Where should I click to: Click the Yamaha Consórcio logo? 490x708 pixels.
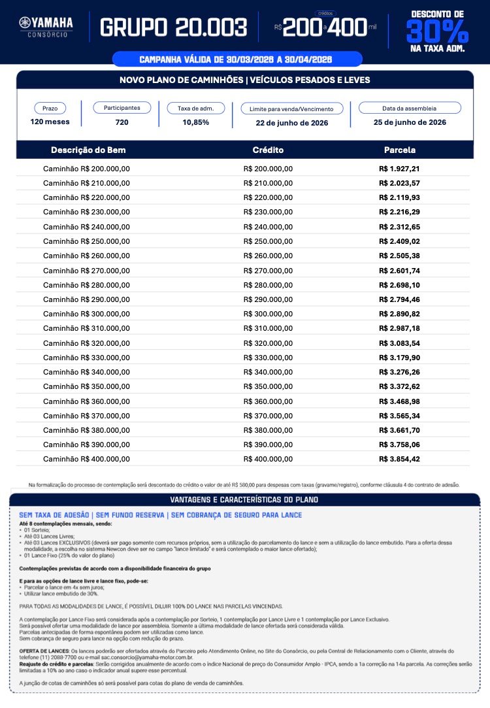tap(46, 26)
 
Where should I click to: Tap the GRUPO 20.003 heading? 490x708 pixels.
tap(173, 27)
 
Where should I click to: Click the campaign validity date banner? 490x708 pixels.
tap(236, 59)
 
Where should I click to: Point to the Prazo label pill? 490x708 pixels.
tap(50, 108)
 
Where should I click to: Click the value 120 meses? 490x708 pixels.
tap(50, 122)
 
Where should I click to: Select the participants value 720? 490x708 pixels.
tap(122, 122)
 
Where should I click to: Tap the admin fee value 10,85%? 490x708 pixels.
tap(196, 122)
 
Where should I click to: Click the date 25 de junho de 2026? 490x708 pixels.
tap(410, 122)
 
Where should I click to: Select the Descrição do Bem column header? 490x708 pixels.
tap(88, 150)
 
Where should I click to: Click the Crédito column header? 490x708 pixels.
tap(268, 150)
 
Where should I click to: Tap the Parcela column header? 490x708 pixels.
tap(400, 150)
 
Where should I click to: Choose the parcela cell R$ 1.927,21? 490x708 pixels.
tap(400, 168)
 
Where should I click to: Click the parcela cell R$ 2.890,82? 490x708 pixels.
tap(400, 314)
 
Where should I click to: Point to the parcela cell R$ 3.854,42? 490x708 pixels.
tap(400, 459)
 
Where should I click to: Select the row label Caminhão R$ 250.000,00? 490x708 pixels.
tap(86, 241)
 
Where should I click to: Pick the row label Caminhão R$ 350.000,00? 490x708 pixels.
tap(86, 386)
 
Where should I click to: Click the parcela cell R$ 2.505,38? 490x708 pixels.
tap(400, 256)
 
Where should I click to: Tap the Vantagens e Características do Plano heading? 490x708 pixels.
tap(244, 500)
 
